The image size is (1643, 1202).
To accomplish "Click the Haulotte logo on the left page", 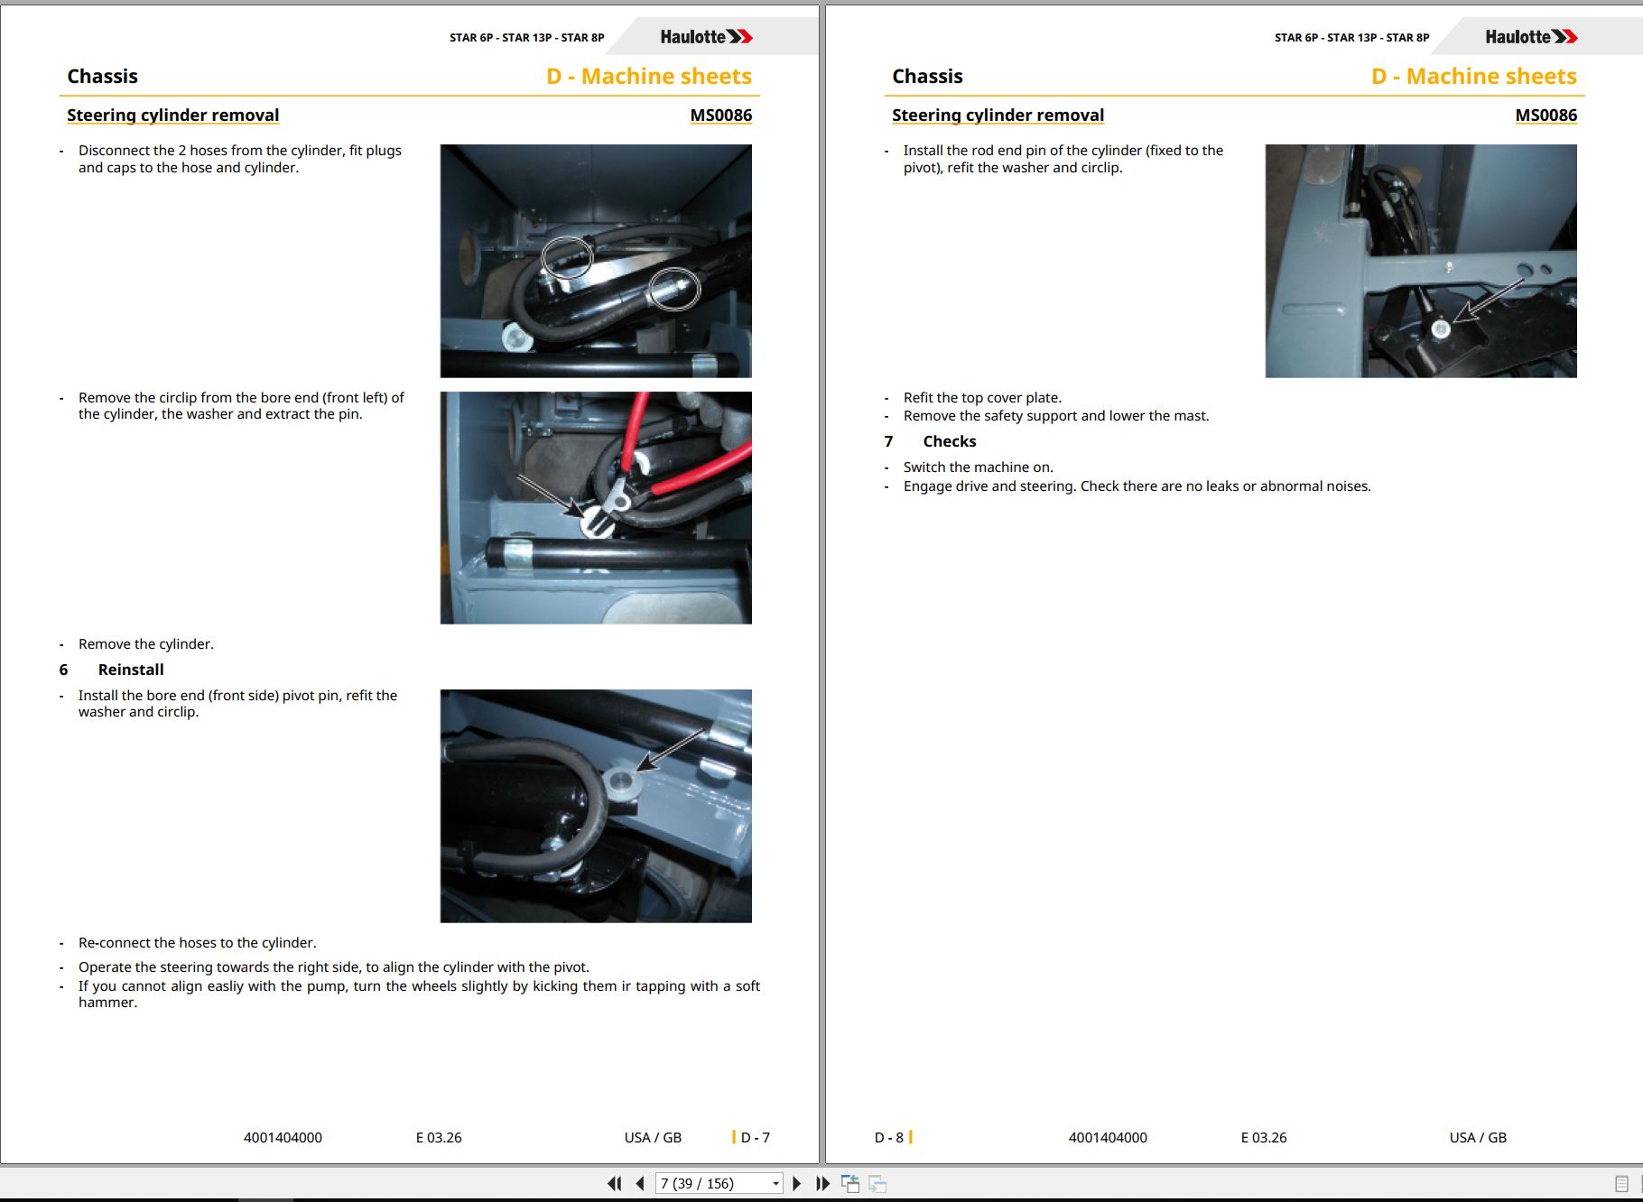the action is tap(706, 37).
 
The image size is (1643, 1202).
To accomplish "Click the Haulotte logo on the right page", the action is tap(1531, 37).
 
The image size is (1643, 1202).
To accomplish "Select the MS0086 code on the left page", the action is tap(720, 116).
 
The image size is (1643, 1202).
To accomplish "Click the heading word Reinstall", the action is tap(131, 670).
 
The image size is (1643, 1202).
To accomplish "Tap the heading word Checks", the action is tap(949, 441).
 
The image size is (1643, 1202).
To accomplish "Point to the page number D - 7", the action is tap(755, 1138).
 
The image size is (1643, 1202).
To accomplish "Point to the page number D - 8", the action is tap(889, 1138).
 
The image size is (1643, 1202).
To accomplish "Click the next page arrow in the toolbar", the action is tap(796, 1183).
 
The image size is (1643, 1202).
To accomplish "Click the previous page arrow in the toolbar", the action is tap(640, 1183).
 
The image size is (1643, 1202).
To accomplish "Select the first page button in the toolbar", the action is tap(615, 1183).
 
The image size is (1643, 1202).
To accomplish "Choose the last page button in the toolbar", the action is tap(822, 1183).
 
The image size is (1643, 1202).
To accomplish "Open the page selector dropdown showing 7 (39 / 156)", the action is tap(719, 1183).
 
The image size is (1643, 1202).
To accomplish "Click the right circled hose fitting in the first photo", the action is tap(674, 289).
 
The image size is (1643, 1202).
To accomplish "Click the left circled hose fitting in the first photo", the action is tap(567, 257).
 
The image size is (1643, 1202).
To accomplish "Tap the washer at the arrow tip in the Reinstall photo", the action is tap(621, 781).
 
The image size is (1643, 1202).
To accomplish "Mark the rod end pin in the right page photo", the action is tap(1441, 329).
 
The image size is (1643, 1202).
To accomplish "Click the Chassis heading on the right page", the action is tap(927, 77).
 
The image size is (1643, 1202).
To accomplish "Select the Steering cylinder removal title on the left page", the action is tap(172, 116).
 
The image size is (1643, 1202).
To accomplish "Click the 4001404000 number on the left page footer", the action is tap(283, 1138).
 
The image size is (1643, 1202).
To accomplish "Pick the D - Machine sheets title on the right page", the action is tap(1474, 77).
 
